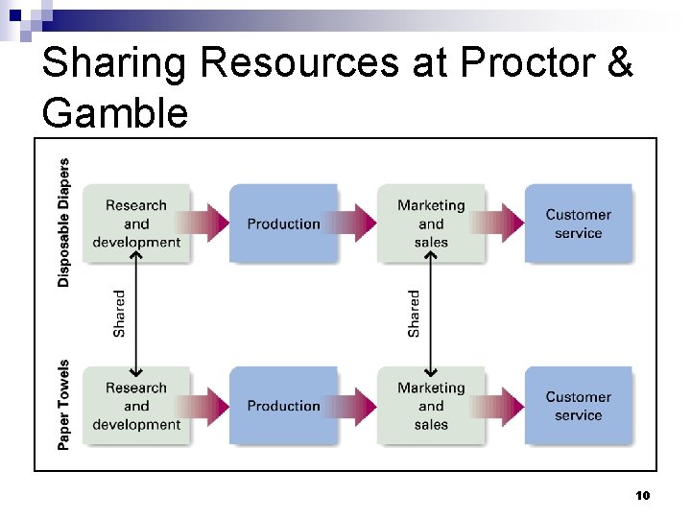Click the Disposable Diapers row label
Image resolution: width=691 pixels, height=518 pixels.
click(63, 223)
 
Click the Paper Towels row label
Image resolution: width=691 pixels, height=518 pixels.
click(63, 405)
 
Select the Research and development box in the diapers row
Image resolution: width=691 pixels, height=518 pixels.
click(135, 224)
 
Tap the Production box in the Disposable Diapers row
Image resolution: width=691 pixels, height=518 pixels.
click(283, 224)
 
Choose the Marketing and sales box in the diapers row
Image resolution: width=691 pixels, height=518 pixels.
click(431, 224)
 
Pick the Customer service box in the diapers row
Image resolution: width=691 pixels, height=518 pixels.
click(578, 224)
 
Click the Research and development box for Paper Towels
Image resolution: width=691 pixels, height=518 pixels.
click(135, 406)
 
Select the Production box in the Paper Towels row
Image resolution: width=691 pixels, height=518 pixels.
click(283, 406)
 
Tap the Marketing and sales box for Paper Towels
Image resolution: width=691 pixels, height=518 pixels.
click(431, 406)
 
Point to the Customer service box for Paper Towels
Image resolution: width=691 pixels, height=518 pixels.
click(578, 406)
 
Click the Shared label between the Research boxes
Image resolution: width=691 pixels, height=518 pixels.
click(119, 314)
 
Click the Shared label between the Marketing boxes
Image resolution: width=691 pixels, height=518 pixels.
click(414, 314)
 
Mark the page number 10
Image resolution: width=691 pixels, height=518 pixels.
click(643, 496)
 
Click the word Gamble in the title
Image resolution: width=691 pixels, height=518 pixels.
click(115, 113)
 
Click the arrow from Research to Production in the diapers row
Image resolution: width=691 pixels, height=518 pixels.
click(209, 224)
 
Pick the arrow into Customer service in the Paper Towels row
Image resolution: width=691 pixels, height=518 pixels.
click(505, 406)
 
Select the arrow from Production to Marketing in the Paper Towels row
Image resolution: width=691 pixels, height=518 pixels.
click(357, 406)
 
